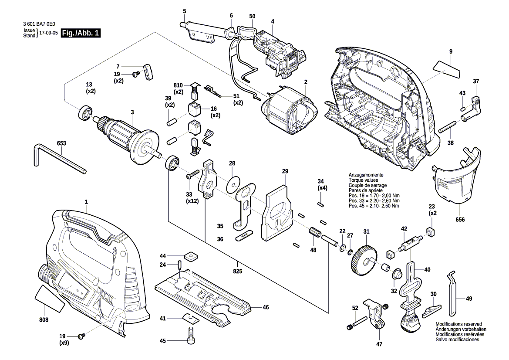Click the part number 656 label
point(460,219)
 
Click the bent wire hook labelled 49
point(453,294)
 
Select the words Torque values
point(363,180)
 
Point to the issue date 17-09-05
point(48,33)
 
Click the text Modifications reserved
point(459,324)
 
